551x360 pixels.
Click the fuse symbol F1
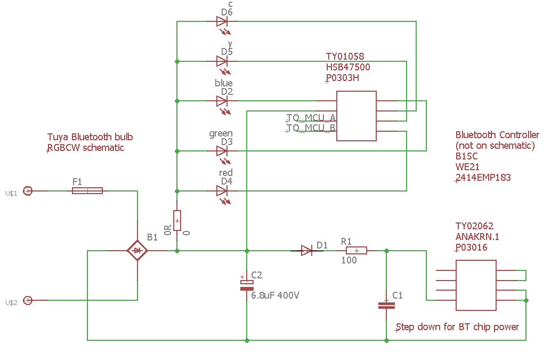pyautogui.click(x=87, y=190)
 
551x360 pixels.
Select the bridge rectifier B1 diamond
pyautogui.click(x=137, y=251)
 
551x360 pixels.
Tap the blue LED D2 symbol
pyautogui.click(x=222, y=101)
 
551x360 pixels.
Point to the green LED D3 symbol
pyautogui.click(x=222, y=151)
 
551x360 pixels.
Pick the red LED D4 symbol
pyautogui.click(x=222, y=191)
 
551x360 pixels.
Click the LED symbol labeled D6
pyautogui.click(x=222, y=21)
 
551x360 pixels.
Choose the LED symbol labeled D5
pyautogui.click(x=222, y=61)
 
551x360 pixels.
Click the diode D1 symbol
pyautogui.click(x=307, y=251)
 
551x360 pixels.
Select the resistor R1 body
pyautogui.click(x=356, y=251)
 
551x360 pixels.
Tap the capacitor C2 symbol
pyautogui.click(x=247, y=285)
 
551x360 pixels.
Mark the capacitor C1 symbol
pyautogui.click(x=386, y=306)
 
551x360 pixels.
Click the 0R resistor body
pyautogui.click(x=177, y=220)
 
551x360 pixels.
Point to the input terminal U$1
pyautogui.click(x=28, y=191)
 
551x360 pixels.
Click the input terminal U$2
pyautogui.click(x=28, y=301)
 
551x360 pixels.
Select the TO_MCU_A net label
pyautogui.click(x=311, y=117)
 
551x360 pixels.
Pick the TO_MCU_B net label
pyautogui.click(x=311, y=127)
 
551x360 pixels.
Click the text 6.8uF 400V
pyautogui.click(x=275, y=295)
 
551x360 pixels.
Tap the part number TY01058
pyautogui.click(x=345, y=56)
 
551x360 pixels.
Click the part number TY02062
pyautogui.click(x=474, y=226)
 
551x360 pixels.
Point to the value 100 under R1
pyautogui.click(x=349, y=260)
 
